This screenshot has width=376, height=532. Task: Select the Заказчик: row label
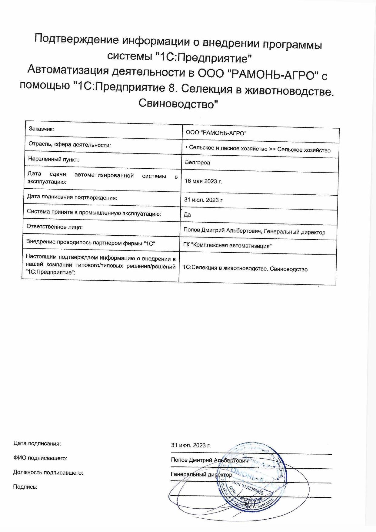tap(42, 129)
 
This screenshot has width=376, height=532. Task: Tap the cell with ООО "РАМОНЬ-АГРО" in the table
tap(216, 133)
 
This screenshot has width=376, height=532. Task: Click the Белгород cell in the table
tap(198, 163)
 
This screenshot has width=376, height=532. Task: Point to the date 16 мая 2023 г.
tap(203, 181)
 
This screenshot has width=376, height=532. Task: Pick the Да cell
tap(187, 215)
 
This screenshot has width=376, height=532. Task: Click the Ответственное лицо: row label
tap(55, 227)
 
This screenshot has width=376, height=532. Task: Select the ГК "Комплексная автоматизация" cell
tap(228, 245)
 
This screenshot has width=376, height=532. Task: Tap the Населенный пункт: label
tap(53, 159)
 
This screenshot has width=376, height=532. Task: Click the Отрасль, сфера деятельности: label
tap(69, 145)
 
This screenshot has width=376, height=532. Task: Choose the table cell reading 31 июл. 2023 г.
tap(204, 200)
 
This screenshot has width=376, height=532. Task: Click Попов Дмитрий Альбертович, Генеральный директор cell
tap(254, 232)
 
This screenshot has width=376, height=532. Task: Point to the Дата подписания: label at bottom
tap(37, 443)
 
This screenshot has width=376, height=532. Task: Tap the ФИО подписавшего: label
tap(40, 458)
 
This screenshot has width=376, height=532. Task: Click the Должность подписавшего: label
tap(48, 472)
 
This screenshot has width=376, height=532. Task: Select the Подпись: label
tap(25, 487)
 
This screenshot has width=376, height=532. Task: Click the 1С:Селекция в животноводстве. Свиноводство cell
tap(245, 269)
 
